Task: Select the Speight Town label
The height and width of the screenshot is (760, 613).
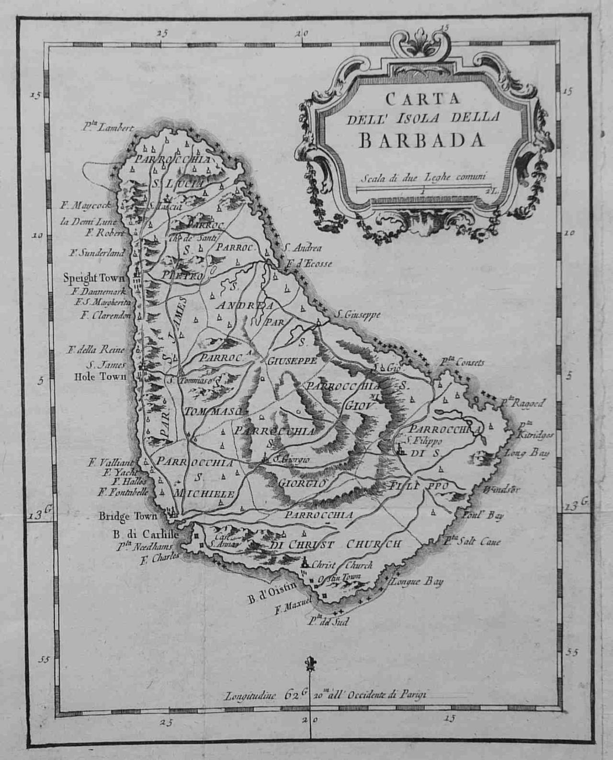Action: click(94, 278)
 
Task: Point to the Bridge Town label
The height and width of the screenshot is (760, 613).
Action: click(127, 516)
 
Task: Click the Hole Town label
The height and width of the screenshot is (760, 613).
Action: click(100, 376)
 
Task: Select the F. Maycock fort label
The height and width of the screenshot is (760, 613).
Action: click(85, 206)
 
